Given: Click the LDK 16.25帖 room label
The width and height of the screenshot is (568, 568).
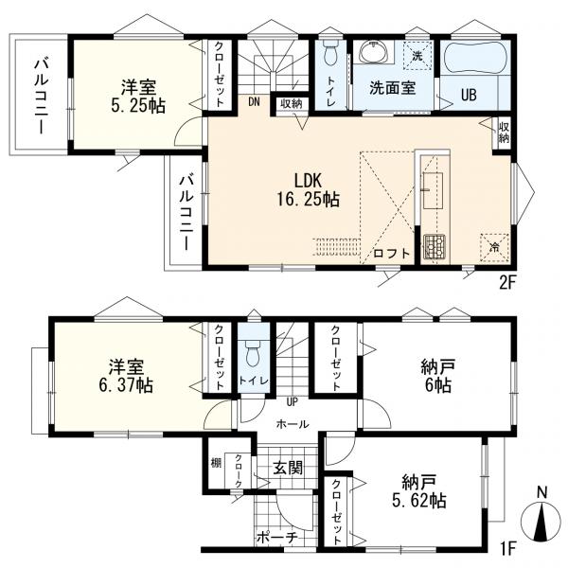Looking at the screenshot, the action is click(x=309, y=189).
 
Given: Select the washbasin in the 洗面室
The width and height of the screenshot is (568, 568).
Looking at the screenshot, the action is click(x=372, y=52).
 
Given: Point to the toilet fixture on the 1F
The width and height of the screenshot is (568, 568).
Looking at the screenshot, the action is click(x=254, y=353).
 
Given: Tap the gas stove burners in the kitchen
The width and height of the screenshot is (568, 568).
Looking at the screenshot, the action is click(x=435, y=246).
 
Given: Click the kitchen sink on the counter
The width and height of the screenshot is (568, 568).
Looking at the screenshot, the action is click(x=433, y=190).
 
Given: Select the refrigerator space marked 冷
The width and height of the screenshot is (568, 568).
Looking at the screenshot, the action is click(x=494, y=248).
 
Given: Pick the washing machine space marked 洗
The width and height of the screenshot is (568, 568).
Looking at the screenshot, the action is click(x=418, y=56).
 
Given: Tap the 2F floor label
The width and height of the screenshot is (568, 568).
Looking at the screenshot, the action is click(x=506, y=283).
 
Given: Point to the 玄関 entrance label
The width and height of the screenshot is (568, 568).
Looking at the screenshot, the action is click(x=288, y=469).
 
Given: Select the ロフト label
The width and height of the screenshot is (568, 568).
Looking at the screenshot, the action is click(x=391, y=253).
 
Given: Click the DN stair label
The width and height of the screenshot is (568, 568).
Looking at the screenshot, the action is click(x=254, y=102).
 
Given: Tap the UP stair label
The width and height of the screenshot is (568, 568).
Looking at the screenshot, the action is click(x=292, y=401).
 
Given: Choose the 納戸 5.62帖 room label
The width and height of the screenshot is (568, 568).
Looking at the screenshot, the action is click(x=418, y=491).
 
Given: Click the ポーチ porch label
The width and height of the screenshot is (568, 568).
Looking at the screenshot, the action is click(x=277, y=538).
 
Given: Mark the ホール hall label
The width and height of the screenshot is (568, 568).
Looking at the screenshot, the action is click(x=293, y=424).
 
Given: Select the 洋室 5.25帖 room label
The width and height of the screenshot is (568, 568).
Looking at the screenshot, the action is click(x=138, y=97).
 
